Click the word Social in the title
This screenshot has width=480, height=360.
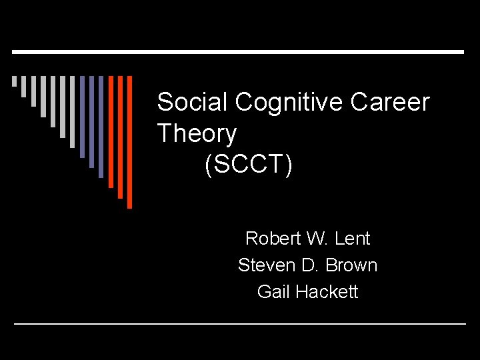pos(191,103)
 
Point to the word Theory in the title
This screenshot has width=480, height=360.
pos(197,134)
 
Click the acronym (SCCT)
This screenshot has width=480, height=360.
pos(249,165)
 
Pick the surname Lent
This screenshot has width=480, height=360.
pos(353,238)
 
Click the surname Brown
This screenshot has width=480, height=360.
pos(352,265)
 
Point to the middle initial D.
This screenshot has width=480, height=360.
pos(309,265)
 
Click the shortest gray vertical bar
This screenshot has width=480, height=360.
pos(14,81)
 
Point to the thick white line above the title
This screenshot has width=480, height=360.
pos(238,52)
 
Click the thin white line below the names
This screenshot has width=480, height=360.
pos(240,324)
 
